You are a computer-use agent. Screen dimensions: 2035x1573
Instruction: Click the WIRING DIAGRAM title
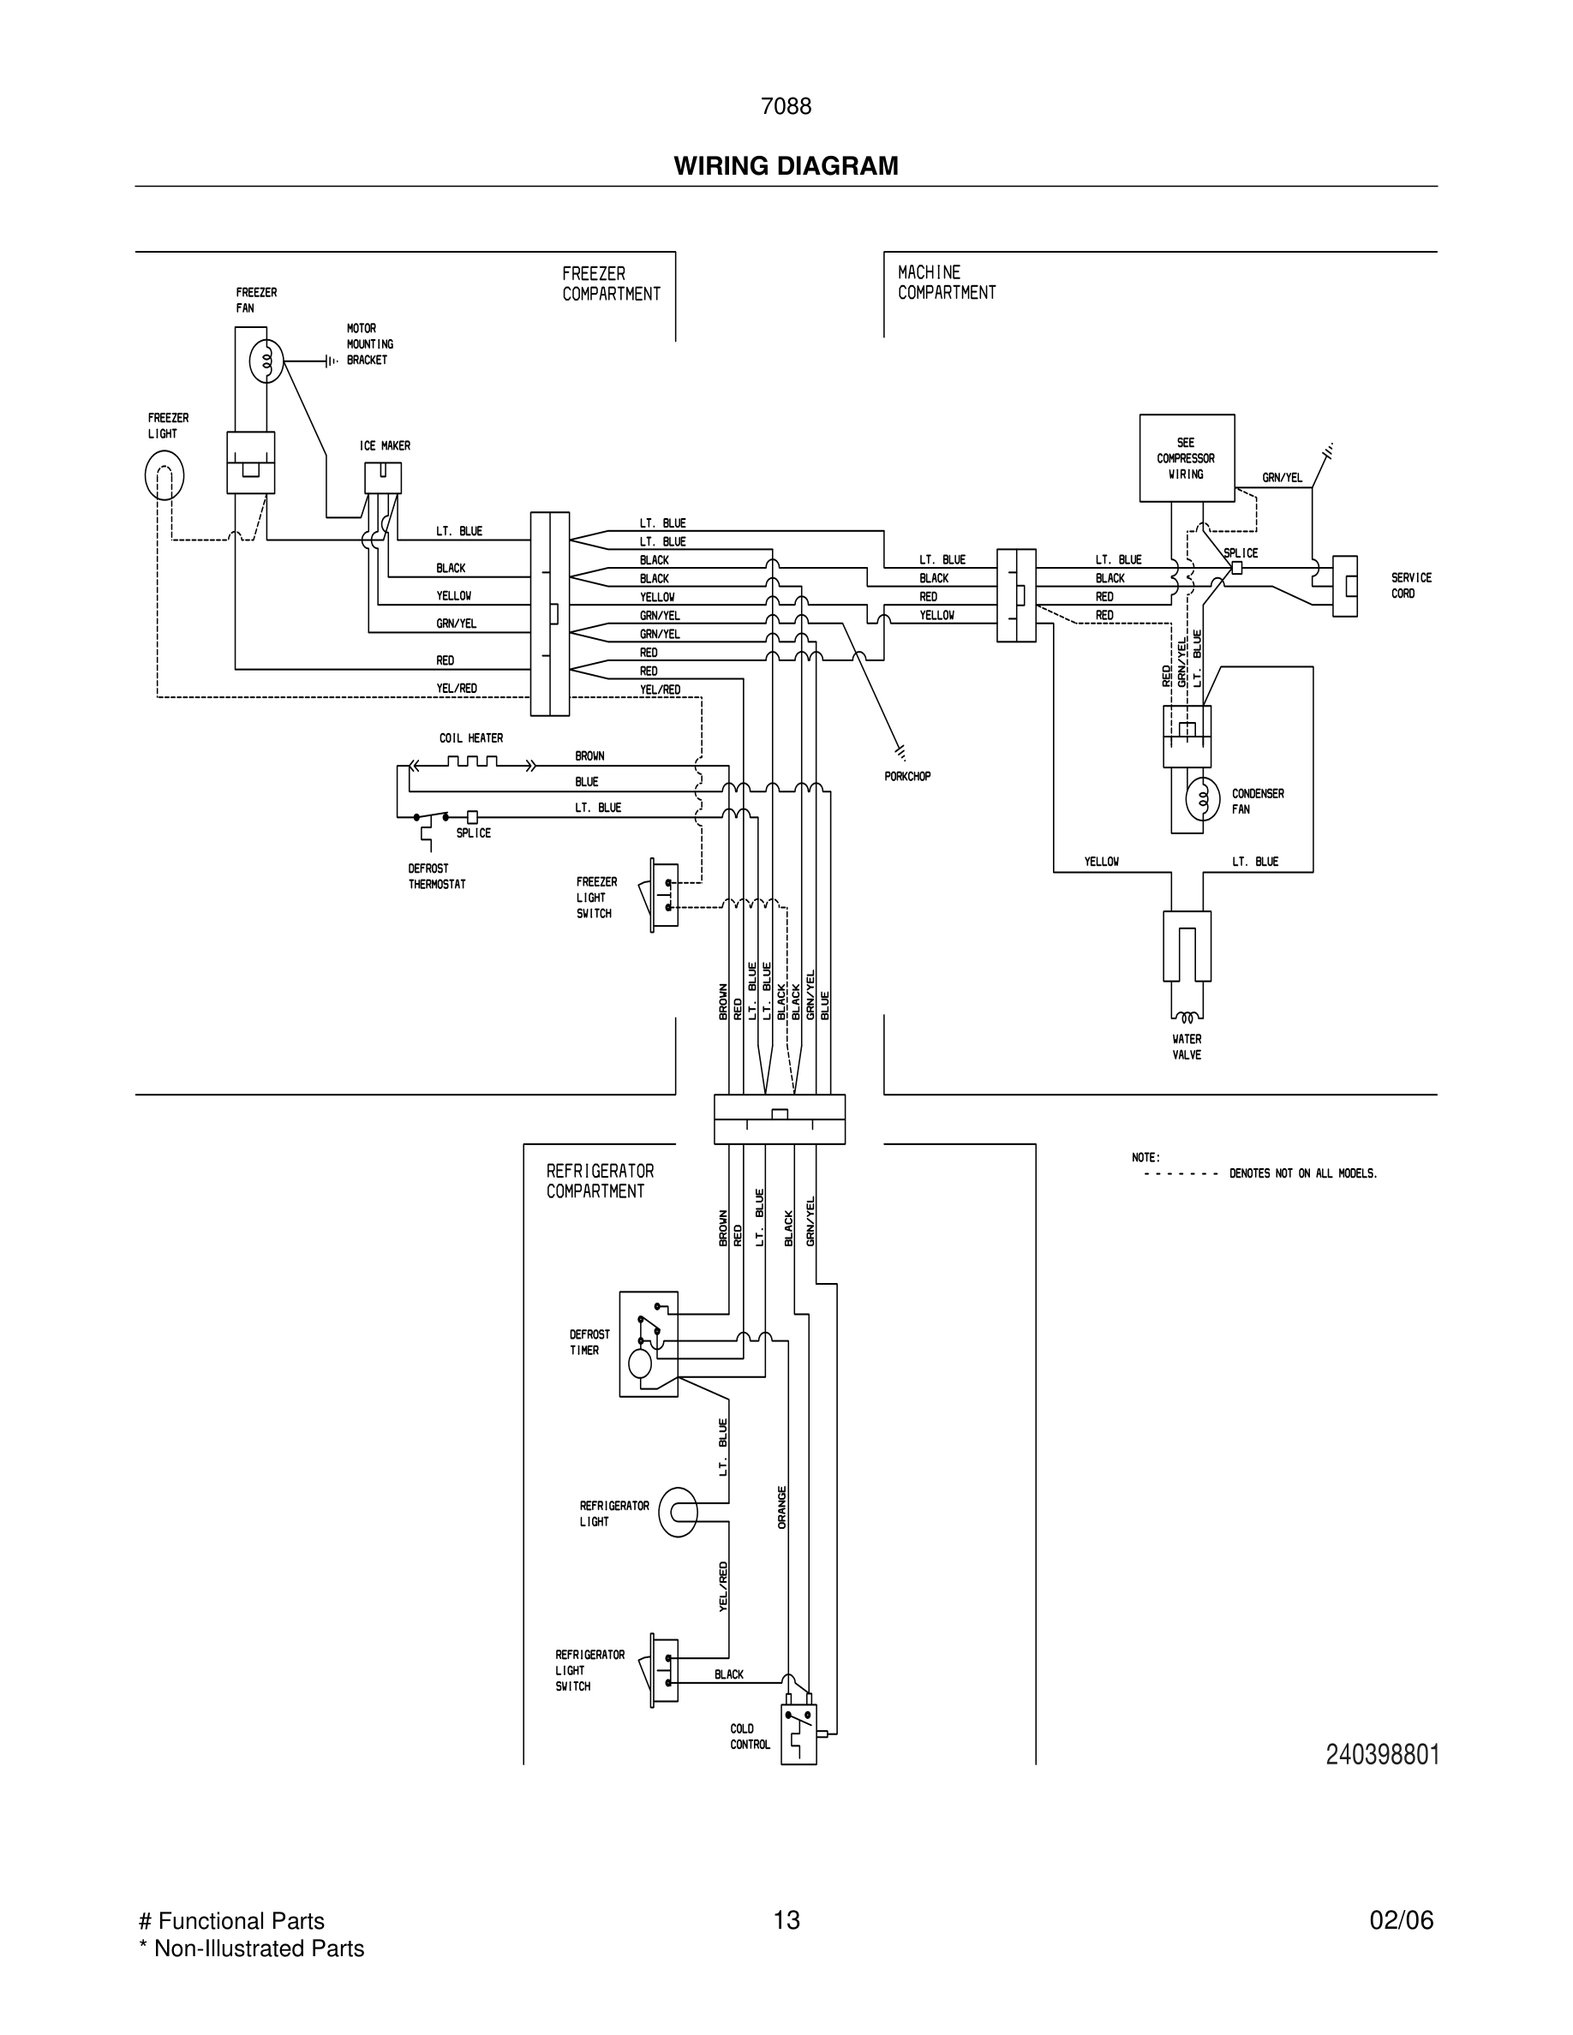[786, 166]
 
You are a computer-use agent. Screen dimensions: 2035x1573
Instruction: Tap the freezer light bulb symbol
[164, 475]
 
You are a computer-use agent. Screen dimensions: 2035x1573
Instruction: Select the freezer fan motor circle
[266, 361]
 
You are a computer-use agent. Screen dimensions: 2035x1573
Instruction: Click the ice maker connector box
[383, 478]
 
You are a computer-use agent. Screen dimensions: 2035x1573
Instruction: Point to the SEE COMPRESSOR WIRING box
[1187, 458]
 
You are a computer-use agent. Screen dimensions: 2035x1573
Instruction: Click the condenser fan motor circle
[1202, 798]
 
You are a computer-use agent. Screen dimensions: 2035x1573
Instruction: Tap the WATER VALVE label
[1187, 1047]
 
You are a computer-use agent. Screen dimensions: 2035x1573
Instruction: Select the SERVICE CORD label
[1411, 585]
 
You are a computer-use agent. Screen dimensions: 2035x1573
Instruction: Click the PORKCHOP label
[906, 776]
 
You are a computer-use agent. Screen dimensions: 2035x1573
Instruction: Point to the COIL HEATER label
[470, 738]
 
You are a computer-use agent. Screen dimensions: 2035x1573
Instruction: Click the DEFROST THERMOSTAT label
[436, 876]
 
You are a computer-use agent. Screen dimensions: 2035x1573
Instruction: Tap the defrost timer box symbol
[649, 1344]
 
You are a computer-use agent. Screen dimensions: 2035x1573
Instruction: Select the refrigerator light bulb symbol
[678, 1513]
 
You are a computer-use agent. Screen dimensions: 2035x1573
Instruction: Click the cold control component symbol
[798, 1734]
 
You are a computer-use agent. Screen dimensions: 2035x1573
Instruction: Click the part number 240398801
[1382, 1756]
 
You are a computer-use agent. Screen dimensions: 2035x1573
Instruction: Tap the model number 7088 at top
[786, 107]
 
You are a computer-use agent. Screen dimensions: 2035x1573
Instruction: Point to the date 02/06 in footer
[1401, 1920]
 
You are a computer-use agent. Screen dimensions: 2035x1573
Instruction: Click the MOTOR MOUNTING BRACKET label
[369, 343]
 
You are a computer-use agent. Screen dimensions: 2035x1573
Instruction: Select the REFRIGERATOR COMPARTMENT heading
[599, 1180]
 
